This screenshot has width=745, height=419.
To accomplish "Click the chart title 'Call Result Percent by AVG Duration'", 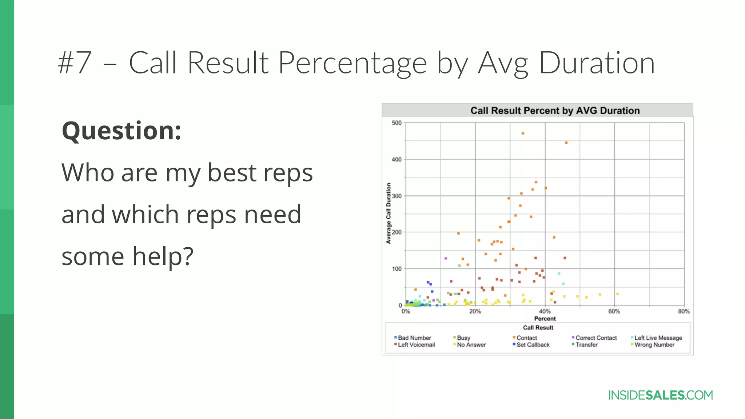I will tap(555, 111).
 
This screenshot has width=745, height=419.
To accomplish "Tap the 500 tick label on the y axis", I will tap(397, 123).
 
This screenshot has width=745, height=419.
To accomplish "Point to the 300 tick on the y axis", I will tap(397, 196).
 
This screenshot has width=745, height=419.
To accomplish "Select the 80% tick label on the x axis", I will tap(684, 311).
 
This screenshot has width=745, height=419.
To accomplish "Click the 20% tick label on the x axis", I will tap(475, 311).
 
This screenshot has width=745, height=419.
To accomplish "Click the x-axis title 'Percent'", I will tap(545, 319).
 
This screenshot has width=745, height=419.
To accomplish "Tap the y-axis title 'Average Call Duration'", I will tap(389, 214).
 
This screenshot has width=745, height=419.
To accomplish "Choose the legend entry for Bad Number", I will tap(414, 338).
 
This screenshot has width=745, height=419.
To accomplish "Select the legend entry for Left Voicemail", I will tap(416, 345).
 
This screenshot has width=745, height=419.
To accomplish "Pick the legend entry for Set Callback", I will tap(533, 345).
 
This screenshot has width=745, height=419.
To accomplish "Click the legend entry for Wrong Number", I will tap(654, 345).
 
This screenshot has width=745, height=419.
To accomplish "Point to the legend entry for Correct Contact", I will tap(596, 338).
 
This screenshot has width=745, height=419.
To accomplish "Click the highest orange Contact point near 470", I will tap(523, 133).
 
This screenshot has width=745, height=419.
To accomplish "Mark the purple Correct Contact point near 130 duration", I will tap(446, 258).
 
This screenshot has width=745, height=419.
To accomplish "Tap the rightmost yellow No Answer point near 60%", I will tap(617, 294).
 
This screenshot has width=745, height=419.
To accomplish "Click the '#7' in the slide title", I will tap(74, 63).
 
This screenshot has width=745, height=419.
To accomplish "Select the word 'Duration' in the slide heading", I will tap(597, 63).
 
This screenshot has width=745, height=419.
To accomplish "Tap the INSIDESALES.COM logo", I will tap(660, 395).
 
